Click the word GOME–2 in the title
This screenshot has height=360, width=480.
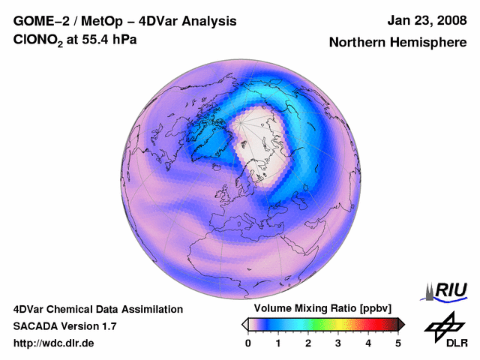pos(39,22)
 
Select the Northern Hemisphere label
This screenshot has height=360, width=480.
pos(397,43)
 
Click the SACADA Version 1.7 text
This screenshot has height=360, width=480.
pos(64,326)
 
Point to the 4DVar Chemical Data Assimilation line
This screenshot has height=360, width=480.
pos(97,309)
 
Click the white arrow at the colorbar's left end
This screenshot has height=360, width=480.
pos(244,324)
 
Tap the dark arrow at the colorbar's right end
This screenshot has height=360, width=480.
pos(402,324)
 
